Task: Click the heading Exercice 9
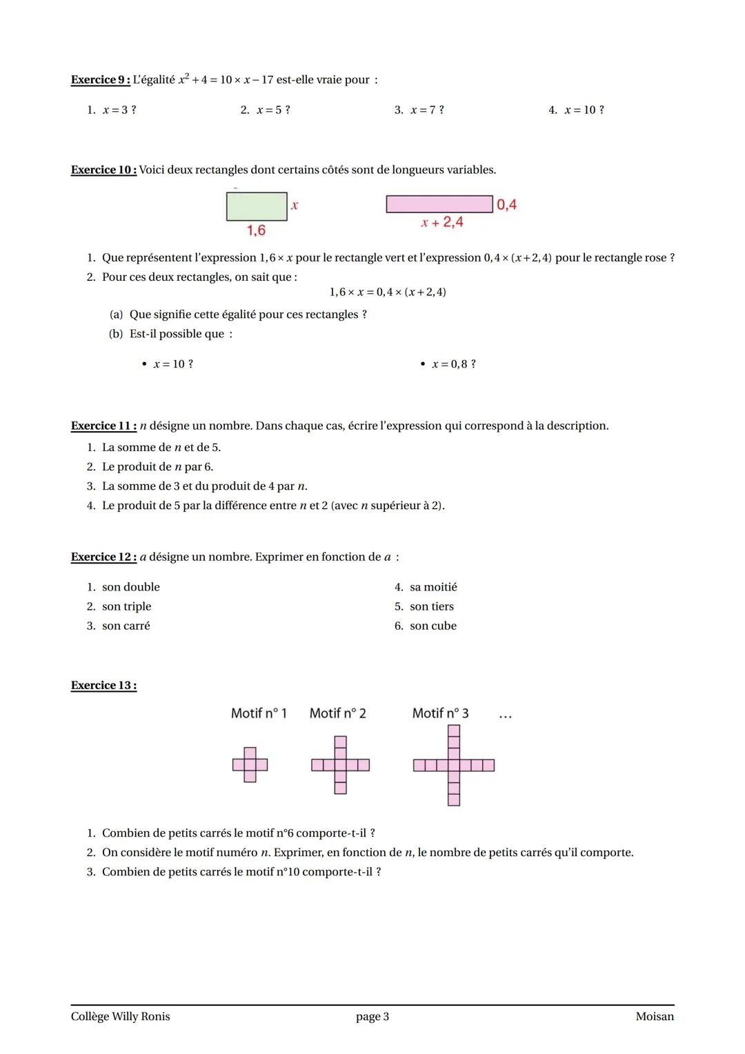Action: click(x=101, y=80)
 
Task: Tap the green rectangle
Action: click(x=257, y=206)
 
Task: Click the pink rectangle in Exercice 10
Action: click(x=439, y=204)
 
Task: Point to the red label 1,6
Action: click(x=256, y=230)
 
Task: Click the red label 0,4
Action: click(x=506, y=205)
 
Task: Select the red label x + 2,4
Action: click(x=442, y=222)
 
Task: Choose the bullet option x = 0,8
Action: click(x=453, y=364)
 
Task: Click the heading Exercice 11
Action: click(x=103, y=426)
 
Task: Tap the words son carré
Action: click(x=126, y=626)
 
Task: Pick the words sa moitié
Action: click(x=433, y=588)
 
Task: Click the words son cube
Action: click(x=433, y=626)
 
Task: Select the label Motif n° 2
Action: click(x=337, y=713)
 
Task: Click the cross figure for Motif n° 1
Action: click(x=250, y=765)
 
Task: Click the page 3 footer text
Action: click(x=372, y=1017)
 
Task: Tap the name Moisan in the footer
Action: click(x=655, y=1017)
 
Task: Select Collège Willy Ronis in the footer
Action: click(x=120, y=1017)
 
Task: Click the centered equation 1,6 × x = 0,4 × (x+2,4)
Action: click(x=388, y=292)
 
